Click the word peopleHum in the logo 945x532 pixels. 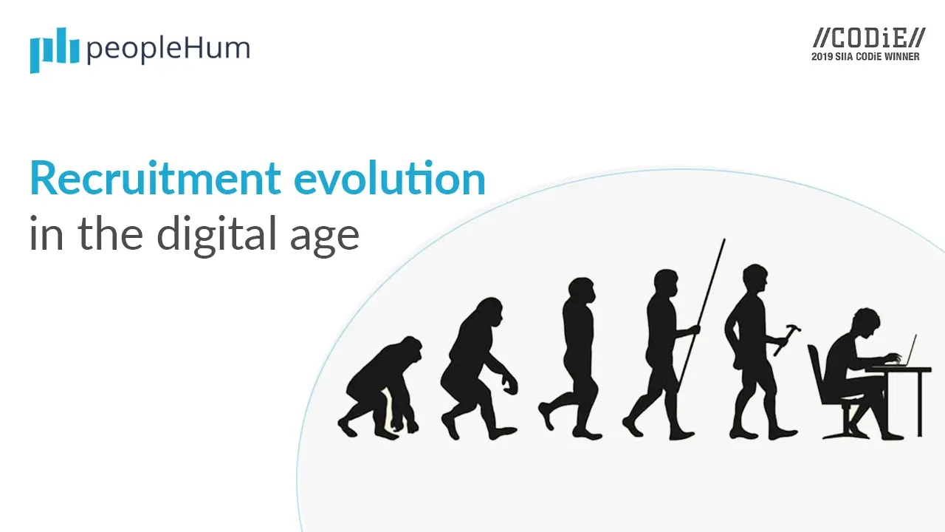(168, 50)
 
